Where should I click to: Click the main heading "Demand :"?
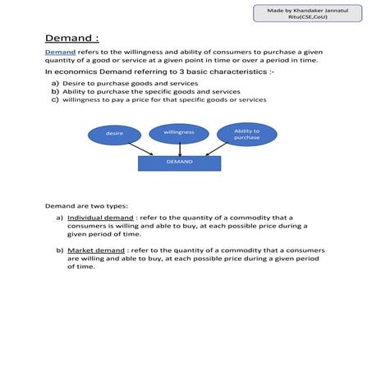pyautogui.click(x=71, y=38)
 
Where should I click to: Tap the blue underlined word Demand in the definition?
pyautogui.click(x=59, y=52)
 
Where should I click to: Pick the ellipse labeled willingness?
pyautogui.click(x=178, y=132)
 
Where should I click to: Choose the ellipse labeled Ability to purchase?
pyautogui.click(x=246, y=134)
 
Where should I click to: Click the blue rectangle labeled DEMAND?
pyautogui.click(x=179, y=163)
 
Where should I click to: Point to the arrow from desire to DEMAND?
pyautogui.click(x=143, y=149)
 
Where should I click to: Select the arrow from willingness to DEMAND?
pyautogui.click(x=179, y=148)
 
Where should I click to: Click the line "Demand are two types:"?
pyautogui.click(x=86, y=204)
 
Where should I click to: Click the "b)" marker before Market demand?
pyautogui.click(x=60, y=248)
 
